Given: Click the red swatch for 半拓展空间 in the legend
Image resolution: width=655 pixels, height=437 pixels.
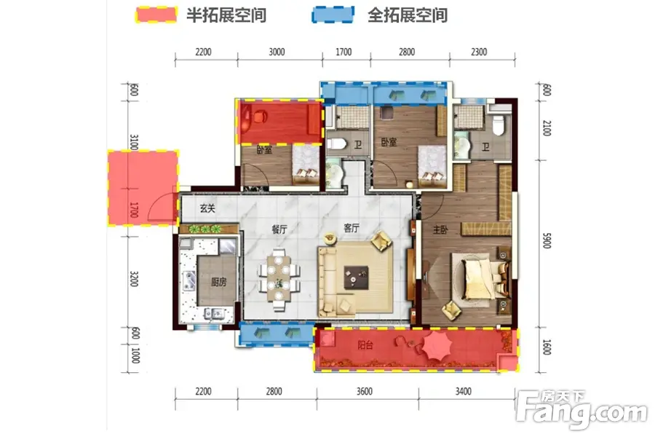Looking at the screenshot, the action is point(156,15).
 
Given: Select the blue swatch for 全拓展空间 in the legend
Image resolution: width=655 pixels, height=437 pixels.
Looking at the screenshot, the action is point(333,15).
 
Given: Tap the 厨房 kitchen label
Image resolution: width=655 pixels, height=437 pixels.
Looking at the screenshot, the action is point(219,283).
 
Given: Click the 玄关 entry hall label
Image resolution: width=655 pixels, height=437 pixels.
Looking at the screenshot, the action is point(207,208).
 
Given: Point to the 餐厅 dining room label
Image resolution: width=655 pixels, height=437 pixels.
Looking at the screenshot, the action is point(279,229).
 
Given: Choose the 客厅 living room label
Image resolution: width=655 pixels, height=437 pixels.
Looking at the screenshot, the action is point(352,228).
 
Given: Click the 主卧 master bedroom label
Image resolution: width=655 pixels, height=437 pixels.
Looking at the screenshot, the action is point(441,229).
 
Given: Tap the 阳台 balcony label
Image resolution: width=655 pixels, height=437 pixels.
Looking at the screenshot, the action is point(365,345).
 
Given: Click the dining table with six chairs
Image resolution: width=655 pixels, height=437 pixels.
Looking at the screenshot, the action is point(279,280).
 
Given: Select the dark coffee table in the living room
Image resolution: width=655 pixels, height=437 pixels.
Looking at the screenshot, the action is point(356,277).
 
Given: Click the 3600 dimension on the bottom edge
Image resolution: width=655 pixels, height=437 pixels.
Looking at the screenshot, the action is point(365,391).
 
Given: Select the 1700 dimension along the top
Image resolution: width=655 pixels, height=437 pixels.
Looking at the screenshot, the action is point(344,52).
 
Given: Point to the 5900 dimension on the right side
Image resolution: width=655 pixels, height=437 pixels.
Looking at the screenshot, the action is point(547,240).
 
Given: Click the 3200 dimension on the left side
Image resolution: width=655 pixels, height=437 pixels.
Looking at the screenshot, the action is point(134,278).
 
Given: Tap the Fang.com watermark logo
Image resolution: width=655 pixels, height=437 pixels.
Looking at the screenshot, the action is point(583,409).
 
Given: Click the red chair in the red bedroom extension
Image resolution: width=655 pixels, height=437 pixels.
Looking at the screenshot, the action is point(260,116).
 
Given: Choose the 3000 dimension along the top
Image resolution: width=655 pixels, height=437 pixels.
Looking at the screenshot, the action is point(277,52).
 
